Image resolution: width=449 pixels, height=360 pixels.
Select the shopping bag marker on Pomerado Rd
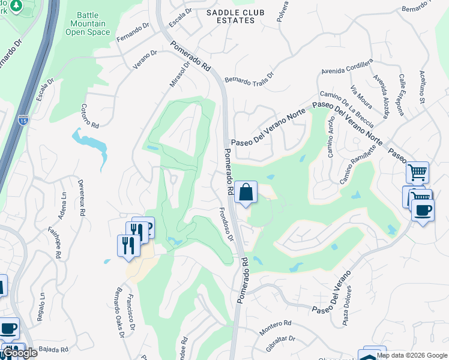tap(246, 193)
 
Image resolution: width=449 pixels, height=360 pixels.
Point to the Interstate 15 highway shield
tap(22, 121)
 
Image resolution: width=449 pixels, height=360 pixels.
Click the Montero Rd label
tap(276, 328)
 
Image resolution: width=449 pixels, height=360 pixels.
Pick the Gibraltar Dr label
tap(281, 343)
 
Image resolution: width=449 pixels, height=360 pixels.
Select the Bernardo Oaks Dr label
tap(115, 315)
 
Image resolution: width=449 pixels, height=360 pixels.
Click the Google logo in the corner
tap(19, 353)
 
